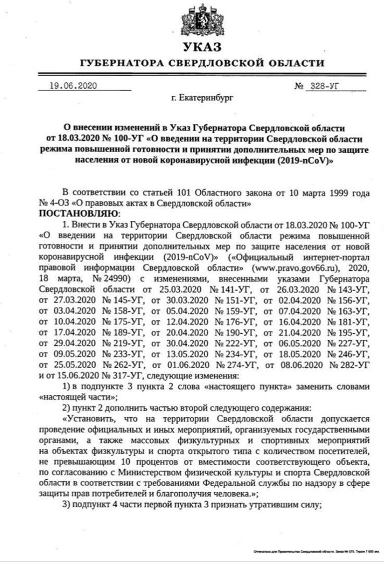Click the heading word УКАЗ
[202, 47]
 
